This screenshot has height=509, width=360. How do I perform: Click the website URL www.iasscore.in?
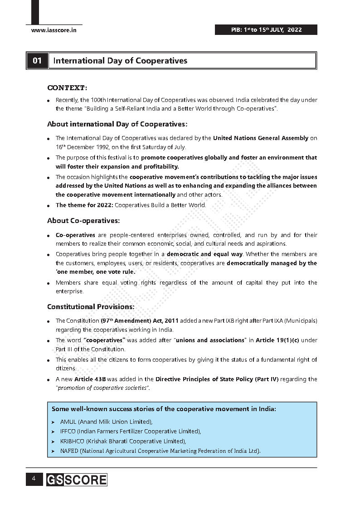(54, 30)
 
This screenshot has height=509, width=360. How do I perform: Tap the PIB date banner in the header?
(266, 30)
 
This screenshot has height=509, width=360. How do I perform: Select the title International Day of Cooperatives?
(120, 61)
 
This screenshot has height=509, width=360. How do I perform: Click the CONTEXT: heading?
(67, 87)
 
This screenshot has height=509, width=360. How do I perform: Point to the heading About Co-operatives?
(83, 221)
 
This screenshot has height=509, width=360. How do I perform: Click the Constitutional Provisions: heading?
(91, 307)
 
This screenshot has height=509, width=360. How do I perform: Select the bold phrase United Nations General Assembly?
(260, 138)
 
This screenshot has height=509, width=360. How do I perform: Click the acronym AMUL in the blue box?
(68, 422)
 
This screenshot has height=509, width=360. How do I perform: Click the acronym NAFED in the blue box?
(69, 451)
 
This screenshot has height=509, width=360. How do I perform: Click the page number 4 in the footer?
(34, 479)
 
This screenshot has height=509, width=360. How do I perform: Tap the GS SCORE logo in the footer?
(76, 480)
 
